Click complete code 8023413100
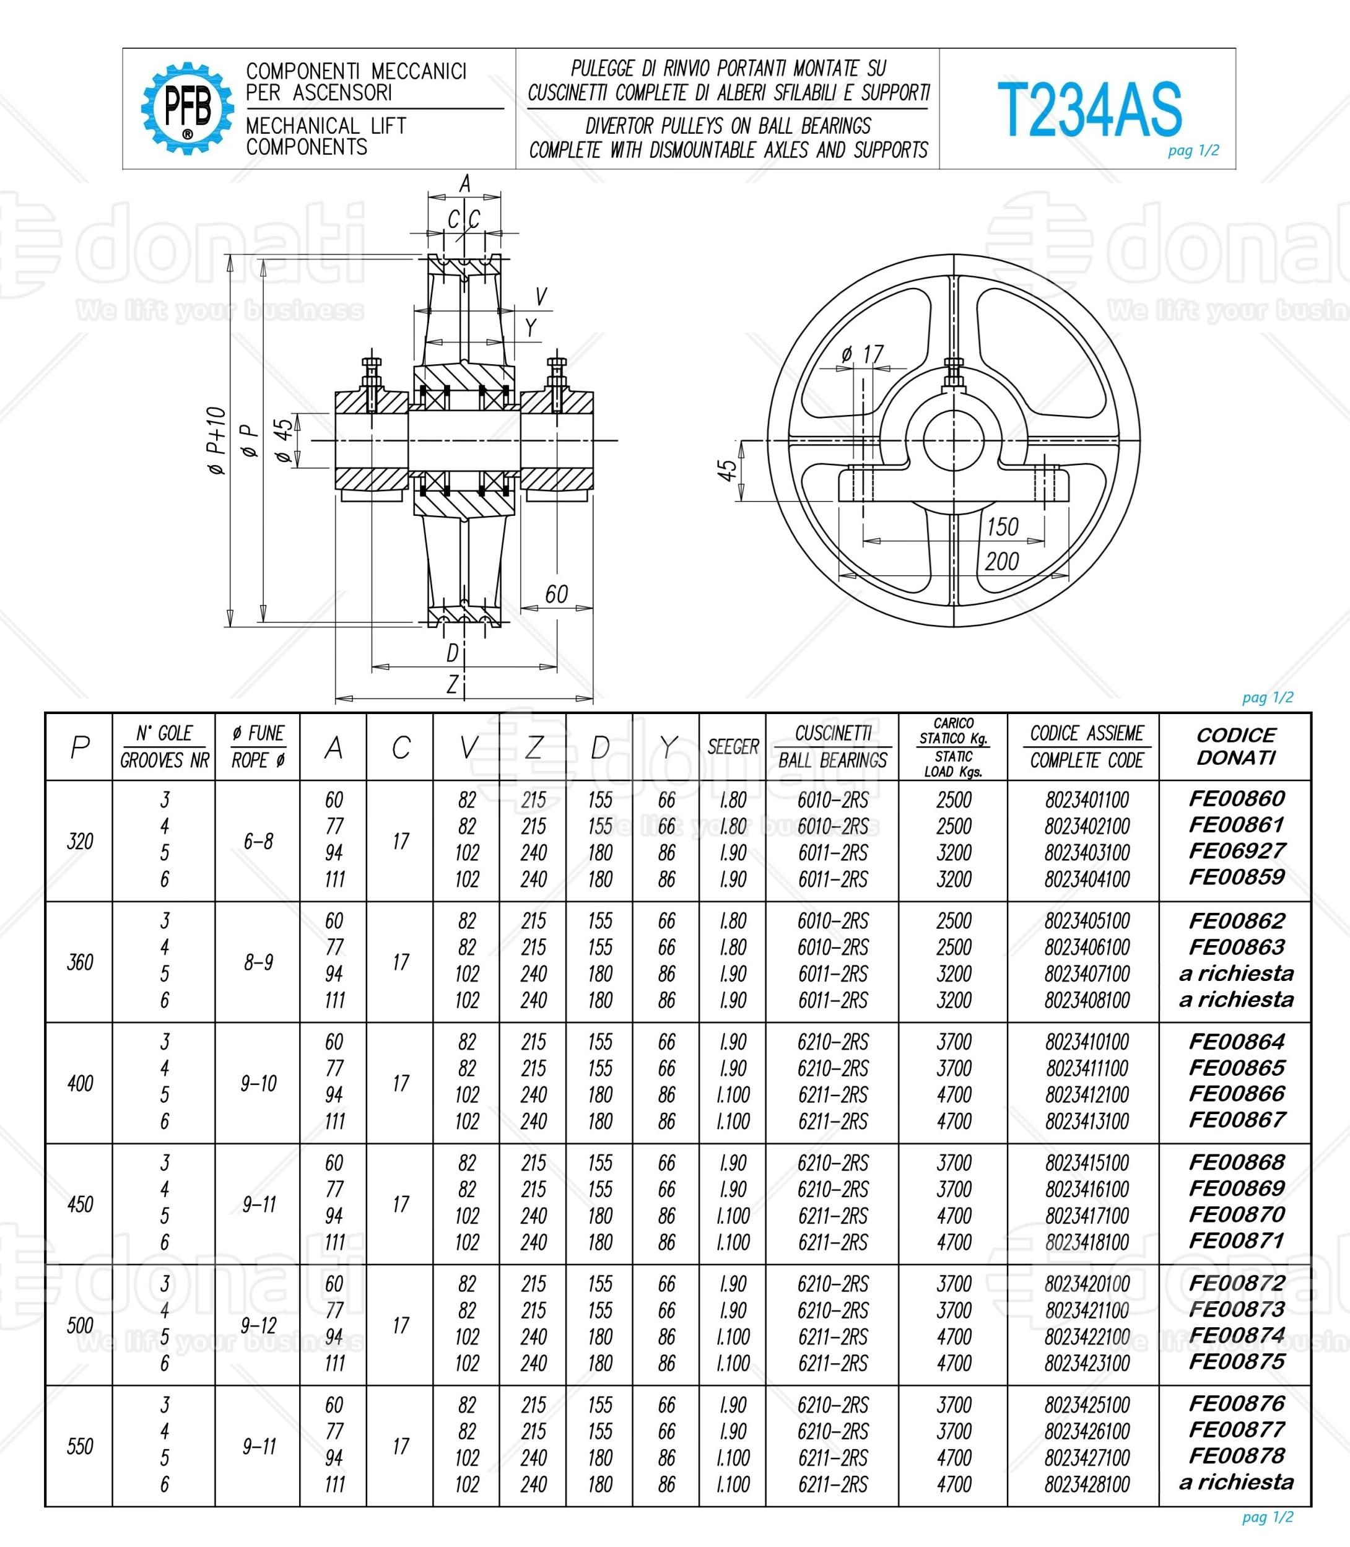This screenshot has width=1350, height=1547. (1086, 1122)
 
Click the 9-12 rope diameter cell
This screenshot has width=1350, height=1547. (258, 1325)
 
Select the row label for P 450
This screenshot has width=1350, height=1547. (80, 1204)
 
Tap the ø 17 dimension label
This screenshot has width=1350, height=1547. (862, 354)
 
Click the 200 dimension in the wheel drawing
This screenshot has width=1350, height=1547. (1001, 561)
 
